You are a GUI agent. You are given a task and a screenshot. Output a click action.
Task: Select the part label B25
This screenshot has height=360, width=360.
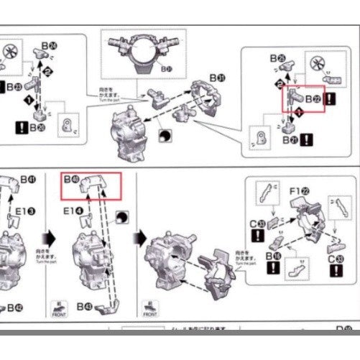coord(277,57)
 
